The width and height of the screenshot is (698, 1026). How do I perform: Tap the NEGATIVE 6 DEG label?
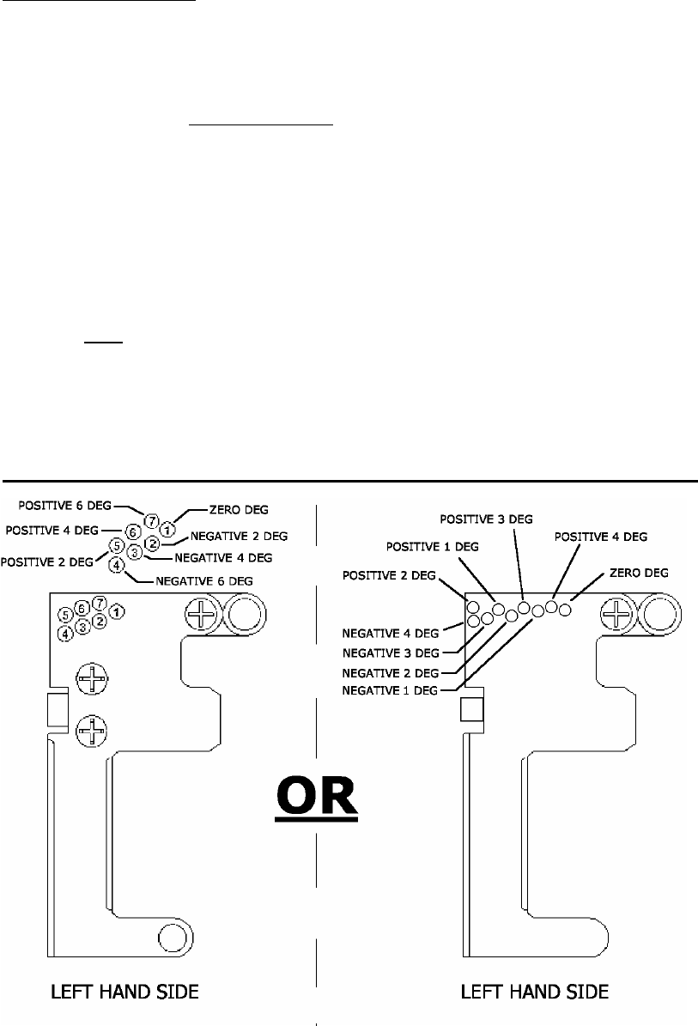click(204, 580)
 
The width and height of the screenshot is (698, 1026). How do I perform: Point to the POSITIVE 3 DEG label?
click(486, 518)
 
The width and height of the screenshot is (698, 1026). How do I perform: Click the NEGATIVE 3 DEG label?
click(390, 653)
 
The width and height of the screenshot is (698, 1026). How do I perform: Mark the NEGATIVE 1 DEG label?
click(390, 689)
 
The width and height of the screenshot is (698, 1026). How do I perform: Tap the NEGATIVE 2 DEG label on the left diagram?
click(239, 535)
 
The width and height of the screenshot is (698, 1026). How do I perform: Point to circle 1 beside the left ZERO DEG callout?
click(168, 526)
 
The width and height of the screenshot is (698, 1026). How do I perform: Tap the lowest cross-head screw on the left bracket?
click(89, 732)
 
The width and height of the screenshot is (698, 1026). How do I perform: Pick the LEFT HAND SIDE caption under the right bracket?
click(535, 993)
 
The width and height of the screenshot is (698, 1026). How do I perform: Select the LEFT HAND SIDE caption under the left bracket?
click(124, 993)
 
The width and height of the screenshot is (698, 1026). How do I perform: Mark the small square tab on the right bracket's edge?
click(471, 709)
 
